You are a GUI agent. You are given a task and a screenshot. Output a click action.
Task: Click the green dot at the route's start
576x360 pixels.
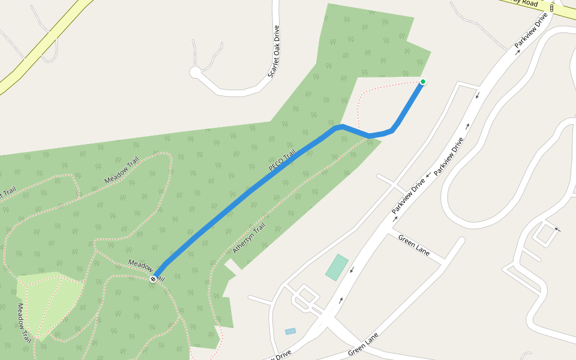[423, 82]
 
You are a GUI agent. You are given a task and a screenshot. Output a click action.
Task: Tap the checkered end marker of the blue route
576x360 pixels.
[154, 279]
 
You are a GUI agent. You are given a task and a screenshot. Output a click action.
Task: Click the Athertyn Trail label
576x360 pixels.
[249, 238]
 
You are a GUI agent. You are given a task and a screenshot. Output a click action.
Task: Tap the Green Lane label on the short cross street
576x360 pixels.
[414, 245]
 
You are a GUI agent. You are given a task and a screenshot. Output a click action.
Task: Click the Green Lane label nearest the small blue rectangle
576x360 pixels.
[364, 345]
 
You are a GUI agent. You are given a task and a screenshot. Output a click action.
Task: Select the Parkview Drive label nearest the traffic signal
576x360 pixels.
[531, 32]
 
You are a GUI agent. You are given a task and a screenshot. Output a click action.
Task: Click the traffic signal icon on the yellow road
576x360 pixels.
[551, 8]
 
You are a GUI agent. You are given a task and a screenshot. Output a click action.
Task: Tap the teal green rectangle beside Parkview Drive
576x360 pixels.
[337, 268]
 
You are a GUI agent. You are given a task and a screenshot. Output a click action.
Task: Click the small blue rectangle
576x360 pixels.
[290, 331]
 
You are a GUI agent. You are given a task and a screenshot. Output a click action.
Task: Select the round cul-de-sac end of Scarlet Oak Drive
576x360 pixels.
[195, 73]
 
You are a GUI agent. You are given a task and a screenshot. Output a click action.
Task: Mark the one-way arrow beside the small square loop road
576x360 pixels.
[558, 229]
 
